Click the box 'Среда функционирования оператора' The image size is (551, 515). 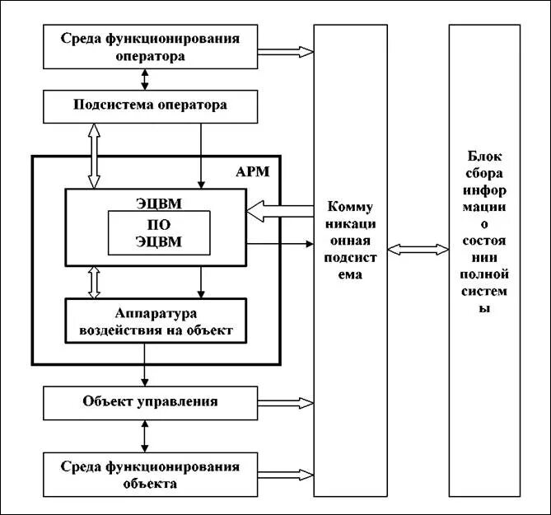pos(150,47)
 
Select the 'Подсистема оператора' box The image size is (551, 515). pos(150,105)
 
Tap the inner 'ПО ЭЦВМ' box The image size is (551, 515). pos(158,233)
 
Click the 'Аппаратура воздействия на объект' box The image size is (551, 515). pos(156,321)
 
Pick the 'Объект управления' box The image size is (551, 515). pos(150,402)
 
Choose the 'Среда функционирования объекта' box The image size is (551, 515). pos(150,475)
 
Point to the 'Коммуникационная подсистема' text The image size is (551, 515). pos(351,240)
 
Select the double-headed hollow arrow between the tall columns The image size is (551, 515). pos(418,248)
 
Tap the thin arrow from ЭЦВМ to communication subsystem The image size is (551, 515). pos(279,243)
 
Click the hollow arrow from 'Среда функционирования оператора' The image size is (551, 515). pos(285,52)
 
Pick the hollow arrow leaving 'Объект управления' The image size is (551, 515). pos(285,404)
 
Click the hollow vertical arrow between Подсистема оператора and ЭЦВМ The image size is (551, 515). pos(93,155)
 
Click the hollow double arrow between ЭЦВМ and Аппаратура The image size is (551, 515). pos(93,282)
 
